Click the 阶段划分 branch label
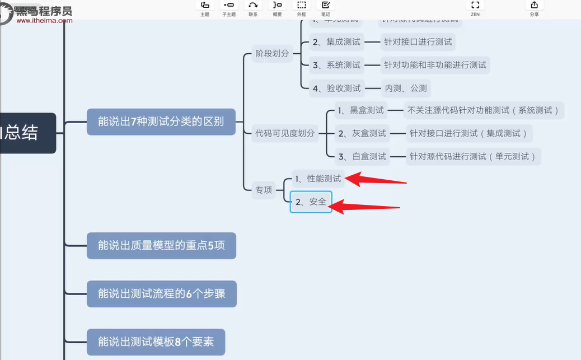(272, 54)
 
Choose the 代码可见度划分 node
(285, 133)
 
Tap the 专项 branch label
(264, 190)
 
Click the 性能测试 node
(317, 179)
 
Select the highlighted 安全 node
(311, 202)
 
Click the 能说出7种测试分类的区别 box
(161, 121)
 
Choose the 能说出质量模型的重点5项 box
(161, 245)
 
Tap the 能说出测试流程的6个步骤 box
(161, 293)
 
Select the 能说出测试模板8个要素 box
(156, 342)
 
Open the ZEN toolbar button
(475, 8)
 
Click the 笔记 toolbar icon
(326, 8)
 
